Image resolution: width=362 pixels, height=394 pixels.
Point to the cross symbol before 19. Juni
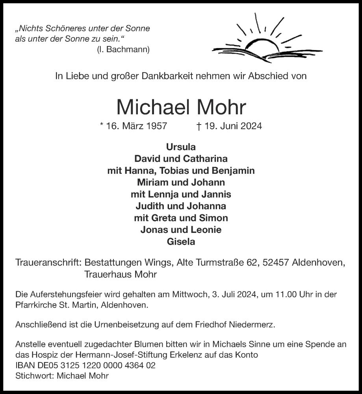199,126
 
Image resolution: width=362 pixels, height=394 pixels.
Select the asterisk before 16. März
102,125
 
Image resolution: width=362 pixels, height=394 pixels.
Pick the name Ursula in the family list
181,147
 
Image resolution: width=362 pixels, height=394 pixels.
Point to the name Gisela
181,242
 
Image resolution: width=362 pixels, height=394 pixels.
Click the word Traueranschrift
48,263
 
